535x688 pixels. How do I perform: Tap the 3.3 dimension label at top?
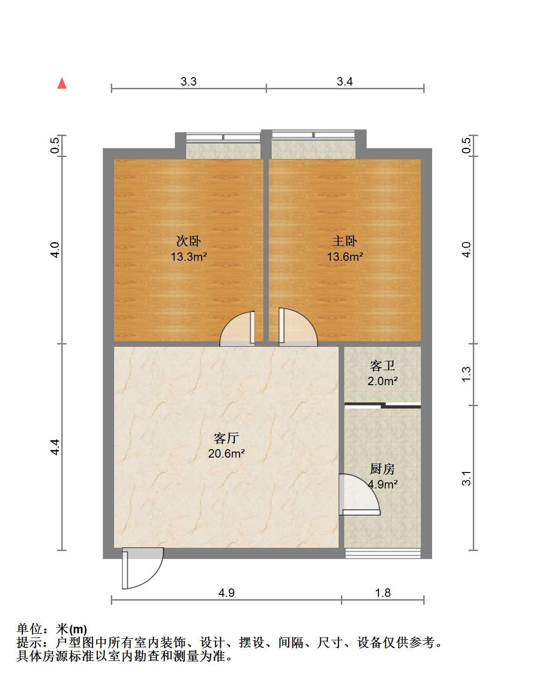tap(188, 82)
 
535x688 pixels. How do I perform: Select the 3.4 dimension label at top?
tap(344, 82)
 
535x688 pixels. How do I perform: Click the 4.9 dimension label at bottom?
tap(226, 593)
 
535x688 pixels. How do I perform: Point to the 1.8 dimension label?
tap(383, 593)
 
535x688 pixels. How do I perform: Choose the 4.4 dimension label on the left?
tap(55, 447)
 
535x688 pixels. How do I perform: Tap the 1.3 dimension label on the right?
tap(467, 374)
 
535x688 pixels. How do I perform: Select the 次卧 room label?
tap(188, 241)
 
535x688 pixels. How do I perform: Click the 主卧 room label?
tap(344, 241)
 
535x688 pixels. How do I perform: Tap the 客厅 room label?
tap(226, 438)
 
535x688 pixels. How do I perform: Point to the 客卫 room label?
tap(383, 366)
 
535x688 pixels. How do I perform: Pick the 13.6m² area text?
tap(345, 257)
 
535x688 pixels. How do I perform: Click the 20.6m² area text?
tap(226, 454)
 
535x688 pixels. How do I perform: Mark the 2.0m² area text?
tap(383, 381)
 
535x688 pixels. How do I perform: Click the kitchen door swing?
tap(359, 494)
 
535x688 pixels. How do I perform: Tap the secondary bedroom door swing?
tap(237, 329)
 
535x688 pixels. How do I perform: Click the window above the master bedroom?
tap(313, 135)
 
